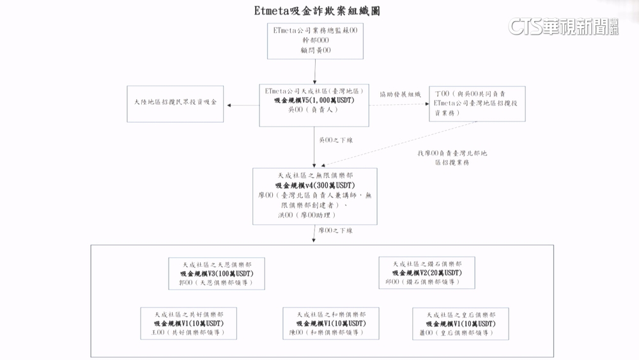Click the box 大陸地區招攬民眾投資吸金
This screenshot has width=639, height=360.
[175, 104]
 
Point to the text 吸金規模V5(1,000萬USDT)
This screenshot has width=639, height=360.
[314, 101]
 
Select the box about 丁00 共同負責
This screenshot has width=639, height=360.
[477, 103]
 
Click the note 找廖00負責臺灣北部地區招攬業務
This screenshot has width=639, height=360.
[452, 158]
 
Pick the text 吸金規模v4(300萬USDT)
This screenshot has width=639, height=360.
[314, 185]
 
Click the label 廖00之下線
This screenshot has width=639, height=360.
[335, 230]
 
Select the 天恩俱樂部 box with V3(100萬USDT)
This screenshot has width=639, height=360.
[217, 274]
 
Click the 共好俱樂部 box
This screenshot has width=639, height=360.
[189, 324]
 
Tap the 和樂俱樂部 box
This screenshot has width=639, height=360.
[331, 324]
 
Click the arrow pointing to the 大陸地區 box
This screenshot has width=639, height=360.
[233, 104]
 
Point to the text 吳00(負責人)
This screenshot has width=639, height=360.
[313, 110]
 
